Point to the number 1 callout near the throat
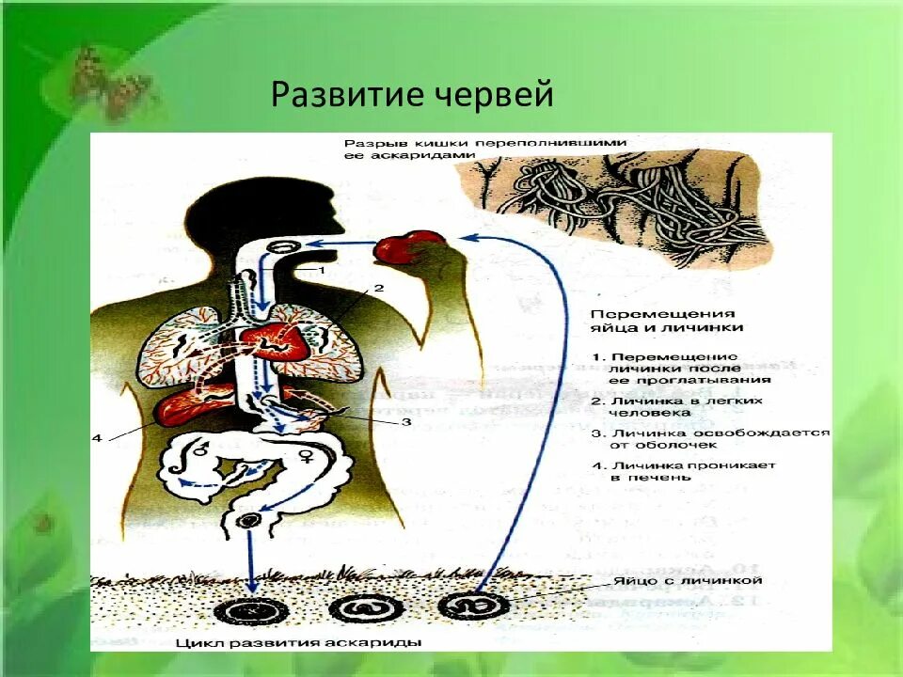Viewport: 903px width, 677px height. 320,270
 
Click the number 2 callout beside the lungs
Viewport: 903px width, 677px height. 379,289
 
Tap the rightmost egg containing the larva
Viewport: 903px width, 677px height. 475,604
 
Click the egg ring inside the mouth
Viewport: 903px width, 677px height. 282,246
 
